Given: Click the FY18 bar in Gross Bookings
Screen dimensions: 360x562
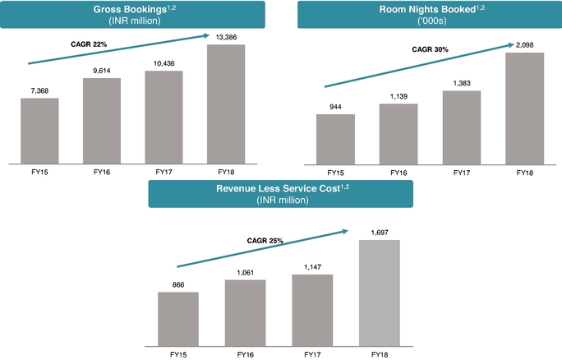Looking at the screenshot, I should (x=226, y=103).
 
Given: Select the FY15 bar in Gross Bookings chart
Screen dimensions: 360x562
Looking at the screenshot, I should (x=39, y=130).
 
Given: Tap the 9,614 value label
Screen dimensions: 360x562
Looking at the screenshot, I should (x=102, y=72).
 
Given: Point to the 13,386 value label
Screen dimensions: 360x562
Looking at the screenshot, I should (x=226, y=37).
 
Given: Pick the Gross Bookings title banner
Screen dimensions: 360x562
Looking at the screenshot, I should (x=132, y=14).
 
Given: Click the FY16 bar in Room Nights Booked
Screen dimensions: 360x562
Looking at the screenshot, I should (x=398, y=132).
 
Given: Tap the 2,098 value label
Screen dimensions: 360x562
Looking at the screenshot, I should (x=524, y=46).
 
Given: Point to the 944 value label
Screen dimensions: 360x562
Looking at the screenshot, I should (x=335, y=107).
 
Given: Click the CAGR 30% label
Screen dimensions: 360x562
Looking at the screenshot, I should (x=430, y=49).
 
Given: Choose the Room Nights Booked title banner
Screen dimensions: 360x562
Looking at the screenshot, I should (x=431, y=14).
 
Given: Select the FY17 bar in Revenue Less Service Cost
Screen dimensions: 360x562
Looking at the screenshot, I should (x=313, y=309).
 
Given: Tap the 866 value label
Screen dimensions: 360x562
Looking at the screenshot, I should (x=178, y=285).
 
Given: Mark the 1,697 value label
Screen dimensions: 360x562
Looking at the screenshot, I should (x=380, y=233).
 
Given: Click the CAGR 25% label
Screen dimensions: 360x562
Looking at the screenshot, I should (x=265, y=241).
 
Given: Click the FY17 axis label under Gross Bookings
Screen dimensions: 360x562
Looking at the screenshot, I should (x=164, y=173).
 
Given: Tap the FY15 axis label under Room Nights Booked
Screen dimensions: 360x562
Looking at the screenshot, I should (x=335, y=173).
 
